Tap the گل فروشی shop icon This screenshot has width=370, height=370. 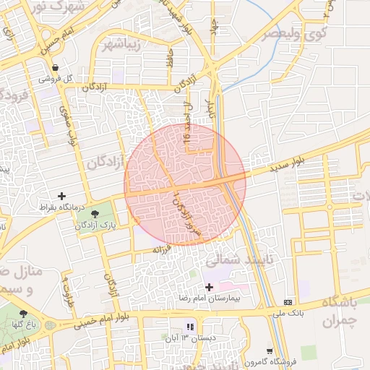65,68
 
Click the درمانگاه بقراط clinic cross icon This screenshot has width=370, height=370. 61,196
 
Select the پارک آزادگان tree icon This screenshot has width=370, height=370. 95,213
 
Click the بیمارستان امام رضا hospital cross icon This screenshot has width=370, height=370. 209,287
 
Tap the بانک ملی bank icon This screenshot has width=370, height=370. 288,302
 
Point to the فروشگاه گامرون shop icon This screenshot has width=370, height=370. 270,351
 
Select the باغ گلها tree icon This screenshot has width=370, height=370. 24,314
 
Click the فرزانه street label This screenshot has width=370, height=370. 160,249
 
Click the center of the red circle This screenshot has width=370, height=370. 185,184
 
